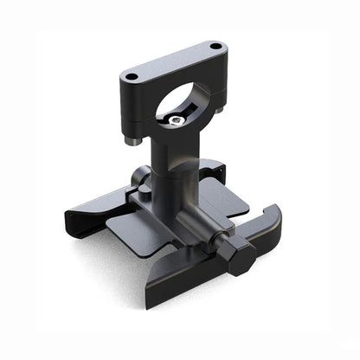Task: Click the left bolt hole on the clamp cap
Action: (132, 77)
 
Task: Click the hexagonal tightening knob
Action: (235, 256)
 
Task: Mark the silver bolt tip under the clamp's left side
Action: (131, 141)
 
